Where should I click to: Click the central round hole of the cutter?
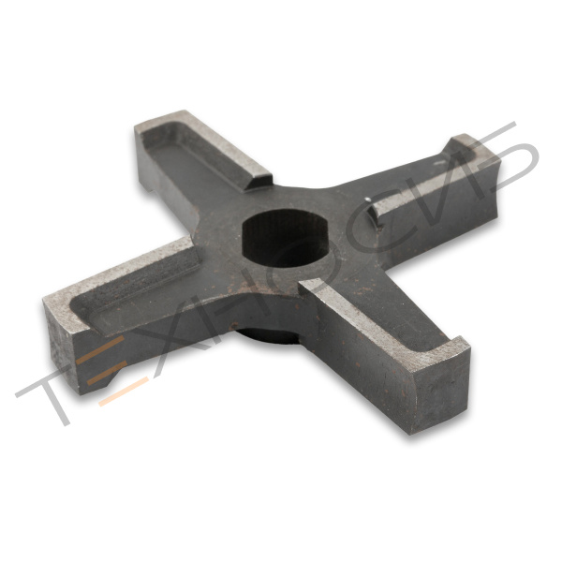click(283, 237)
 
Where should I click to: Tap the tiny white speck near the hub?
click(367, 199)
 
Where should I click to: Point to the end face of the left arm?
click(58, 351)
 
